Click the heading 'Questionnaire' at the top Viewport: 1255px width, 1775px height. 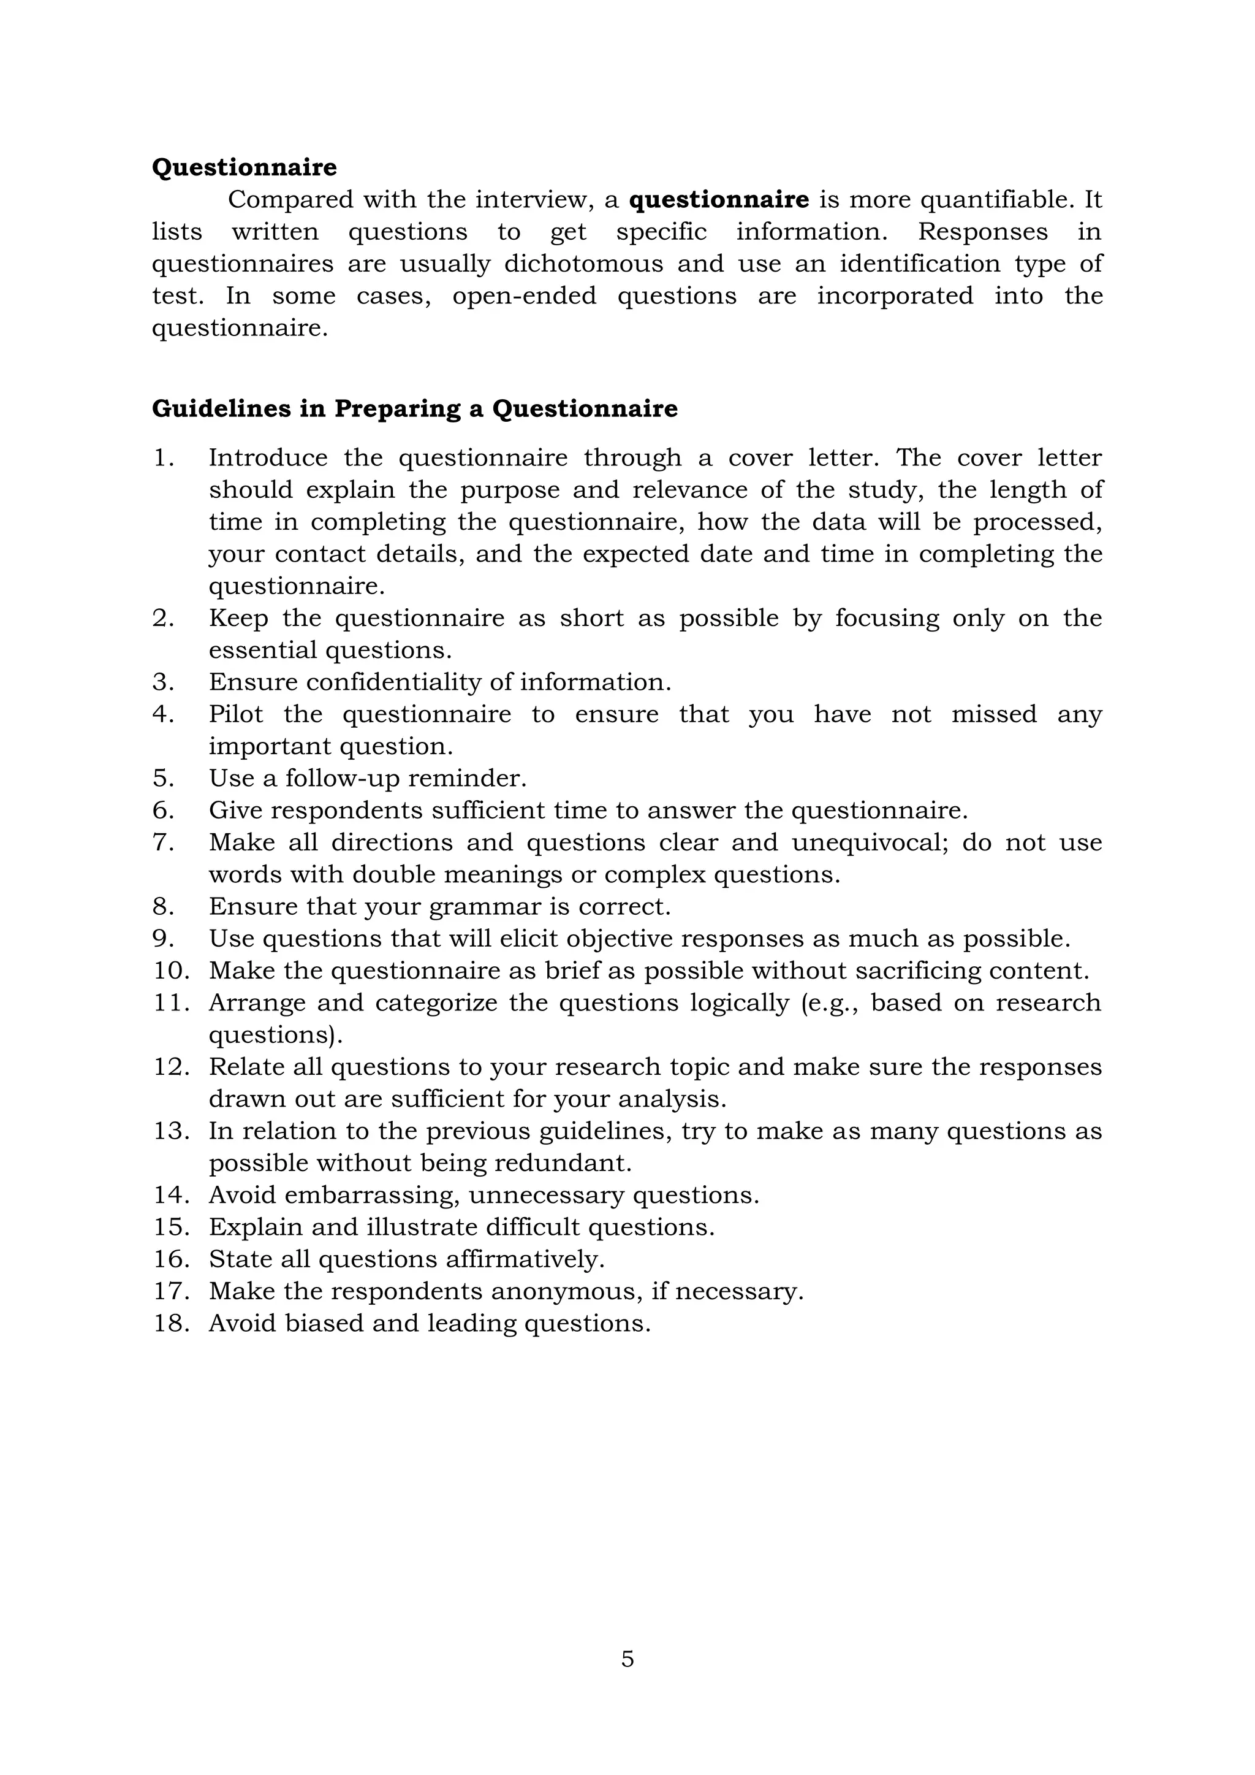245,168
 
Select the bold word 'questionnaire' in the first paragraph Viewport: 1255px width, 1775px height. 719,200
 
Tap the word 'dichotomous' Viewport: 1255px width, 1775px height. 583,264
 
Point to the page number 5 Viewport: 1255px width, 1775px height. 627,1659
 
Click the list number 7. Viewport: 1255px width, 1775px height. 163,842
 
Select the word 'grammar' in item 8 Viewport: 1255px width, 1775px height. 485,907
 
